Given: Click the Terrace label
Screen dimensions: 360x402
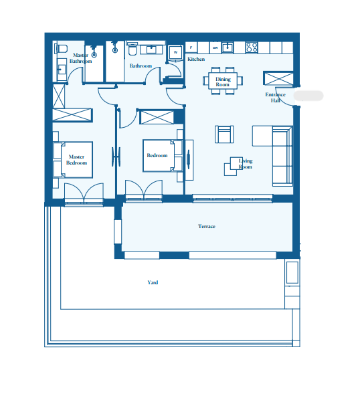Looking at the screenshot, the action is click(206, 226).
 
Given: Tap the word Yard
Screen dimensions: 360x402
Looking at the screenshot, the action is click(153, 282).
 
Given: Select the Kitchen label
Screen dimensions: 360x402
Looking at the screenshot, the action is click(196, 59).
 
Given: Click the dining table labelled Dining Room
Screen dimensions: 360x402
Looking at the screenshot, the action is click(223, 81).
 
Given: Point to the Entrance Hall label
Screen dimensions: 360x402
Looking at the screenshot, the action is click(276, 98).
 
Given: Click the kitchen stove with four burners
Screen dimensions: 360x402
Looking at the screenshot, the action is click(252, 47).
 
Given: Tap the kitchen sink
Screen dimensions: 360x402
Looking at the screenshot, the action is click(228, 47).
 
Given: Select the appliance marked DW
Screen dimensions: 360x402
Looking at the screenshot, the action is click(215, 47).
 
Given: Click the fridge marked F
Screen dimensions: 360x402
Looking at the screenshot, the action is click(191, 47).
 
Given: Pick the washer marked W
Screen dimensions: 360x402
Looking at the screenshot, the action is click(175, 52).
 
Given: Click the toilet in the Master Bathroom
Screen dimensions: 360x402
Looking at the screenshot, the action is click(61, 49).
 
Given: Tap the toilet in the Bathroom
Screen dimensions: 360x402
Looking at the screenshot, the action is click(132, 50).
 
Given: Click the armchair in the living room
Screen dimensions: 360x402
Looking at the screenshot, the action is click(224, 134).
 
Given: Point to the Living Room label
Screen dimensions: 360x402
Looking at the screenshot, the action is click(246, 164).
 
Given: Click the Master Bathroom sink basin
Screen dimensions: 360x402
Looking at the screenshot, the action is click(62, 69).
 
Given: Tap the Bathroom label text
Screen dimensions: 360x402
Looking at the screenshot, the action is click(141, 66).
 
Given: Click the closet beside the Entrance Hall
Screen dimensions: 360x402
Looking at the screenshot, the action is click(278, 78).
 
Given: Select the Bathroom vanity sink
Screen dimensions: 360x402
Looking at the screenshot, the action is click(151, 49).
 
